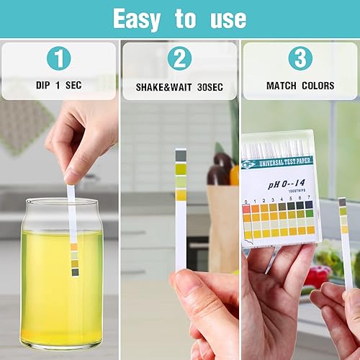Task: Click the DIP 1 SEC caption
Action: (x=59, y=86)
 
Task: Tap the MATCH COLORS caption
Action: (x=300, y=86)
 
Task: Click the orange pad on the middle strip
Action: (x=181, y=194)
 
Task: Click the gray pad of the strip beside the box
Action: (x=342, y=202)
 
